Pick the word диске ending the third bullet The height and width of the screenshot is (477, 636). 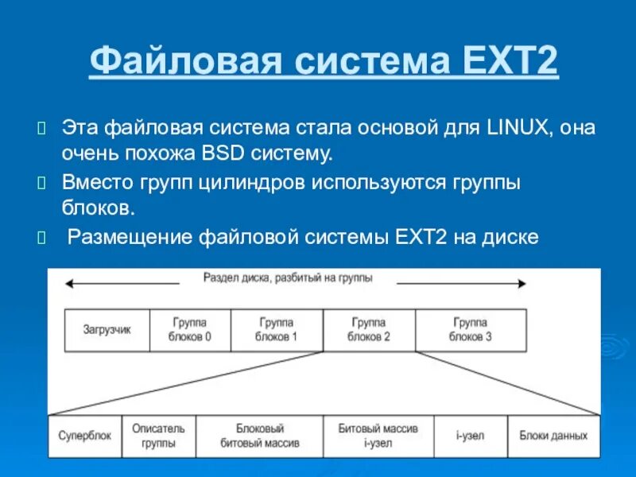[x=508, y=236]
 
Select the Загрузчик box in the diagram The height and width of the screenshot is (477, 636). [x=107, y=330]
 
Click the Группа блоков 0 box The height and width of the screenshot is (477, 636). [x=189, y=330]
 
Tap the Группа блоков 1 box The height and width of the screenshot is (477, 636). [x=276, y=330]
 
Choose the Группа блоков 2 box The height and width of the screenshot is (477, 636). [x=368, y=330]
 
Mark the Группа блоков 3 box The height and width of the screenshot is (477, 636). [x=470, y=330]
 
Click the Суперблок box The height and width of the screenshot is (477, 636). [x=85, y=436]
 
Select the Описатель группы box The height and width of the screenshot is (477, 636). [x=158, y=436]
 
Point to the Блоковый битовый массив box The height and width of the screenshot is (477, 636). [x=259, y=436]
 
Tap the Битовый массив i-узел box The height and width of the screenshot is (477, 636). [x=378, y=436]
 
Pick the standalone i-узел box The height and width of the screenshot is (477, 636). [x=470, y=436]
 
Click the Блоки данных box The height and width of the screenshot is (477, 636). [x=553, y=436]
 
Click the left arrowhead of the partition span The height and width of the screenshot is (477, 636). [x=70, y=283]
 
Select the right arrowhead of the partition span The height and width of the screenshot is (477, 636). [x=521, y=283]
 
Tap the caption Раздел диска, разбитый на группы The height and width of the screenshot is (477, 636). [x=287, y=278]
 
